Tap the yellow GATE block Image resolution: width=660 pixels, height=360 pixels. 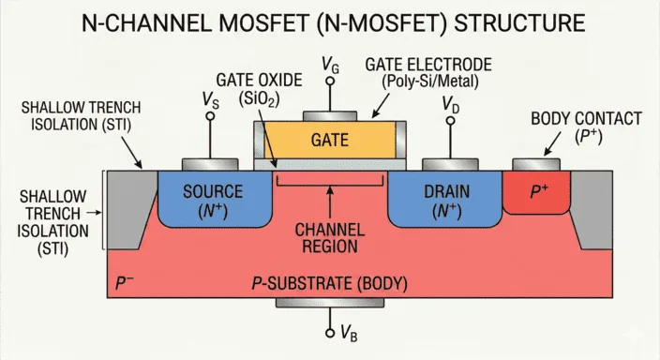tap(328, 141)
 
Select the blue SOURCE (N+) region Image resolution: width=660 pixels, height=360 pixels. tap(213, 199)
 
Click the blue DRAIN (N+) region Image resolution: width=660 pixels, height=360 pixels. tap(441, 199)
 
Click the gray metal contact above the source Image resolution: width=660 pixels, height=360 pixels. tap(207, 164)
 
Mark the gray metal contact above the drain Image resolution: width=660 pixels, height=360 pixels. tap(446, 164)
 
